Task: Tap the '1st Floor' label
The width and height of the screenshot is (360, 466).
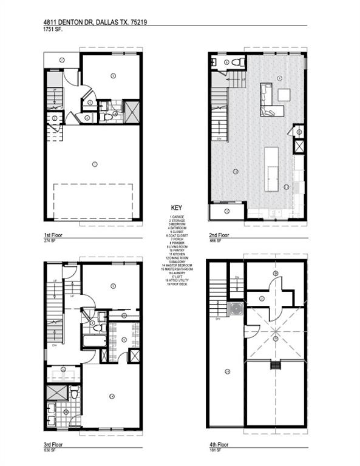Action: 53,232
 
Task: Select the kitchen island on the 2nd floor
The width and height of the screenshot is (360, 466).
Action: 271,169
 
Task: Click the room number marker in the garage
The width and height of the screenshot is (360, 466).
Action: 95,164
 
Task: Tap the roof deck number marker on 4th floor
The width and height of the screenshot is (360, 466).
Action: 226,371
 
